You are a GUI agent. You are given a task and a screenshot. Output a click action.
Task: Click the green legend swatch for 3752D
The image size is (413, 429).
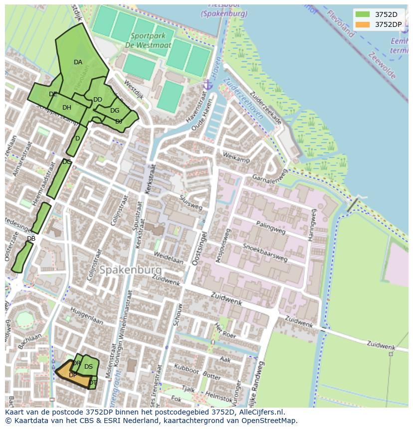click(x=363, y=14)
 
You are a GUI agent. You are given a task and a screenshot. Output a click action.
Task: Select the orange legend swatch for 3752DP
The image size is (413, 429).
click(x=363, y=24)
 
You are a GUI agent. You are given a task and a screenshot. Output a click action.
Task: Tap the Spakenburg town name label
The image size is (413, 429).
click(x=130, y=270)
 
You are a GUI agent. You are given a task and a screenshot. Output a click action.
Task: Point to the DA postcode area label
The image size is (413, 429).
click(x=78, y=62)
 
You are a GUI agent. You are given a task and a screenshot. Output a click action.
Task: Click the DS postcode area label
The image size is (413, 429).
click(x=88, y=367)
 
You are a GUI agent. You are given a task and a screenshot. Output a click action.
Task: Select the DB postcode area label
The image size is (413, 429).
click(x=31, y=239)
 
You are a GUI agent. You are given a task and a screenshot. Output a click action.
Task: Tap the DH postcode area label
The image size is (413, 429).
click(x=67, y=108)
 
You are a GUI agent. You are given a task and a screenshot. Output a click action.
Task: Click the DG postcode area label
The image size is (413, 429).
click(x=115, y=111)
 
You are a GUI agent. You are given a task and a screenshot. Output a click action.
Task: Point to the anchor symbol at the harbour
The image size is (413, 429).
click(x=208, y=85)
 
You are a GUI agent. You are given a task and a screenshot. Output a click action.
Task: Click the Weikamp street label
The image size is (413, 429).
click(x=236, y=159)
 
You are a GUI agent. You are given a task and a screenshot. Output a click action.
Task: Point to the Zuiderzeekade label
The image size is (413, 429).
click(x=266, y=108)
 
